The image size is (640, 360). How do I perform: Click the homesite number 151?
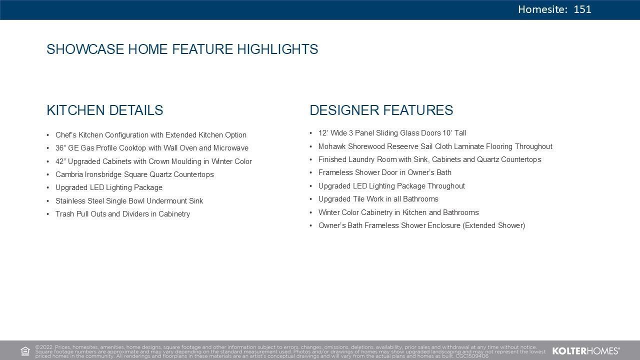coord(582,9)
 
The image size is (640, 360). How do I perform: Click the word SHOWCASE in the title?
coord(85,49)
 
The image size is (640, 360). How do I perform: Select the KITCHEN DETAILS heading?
coord(105,110)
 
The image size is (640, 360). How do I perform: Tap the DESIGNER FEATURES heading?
coord(381,110)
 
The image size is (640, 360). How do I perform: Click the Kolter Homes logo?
coord(586,351)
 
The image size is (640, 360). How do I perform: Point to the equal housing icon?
coord(25,351)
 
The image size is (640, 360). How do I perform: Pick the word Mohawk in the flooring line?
coord(332,146)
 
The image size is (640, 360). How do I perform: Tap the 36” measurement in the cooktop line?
coord(60,148)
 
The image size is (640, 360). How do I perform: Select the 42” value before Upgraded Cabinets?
coord(60,161)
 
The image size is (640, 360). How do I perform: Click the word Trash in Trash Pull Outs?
coord(65,214)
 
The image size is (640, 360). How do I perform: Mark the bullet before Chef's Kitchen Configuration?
coord(48,135)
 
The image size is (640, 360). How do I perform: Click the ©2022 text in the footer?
coord(44,347)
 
